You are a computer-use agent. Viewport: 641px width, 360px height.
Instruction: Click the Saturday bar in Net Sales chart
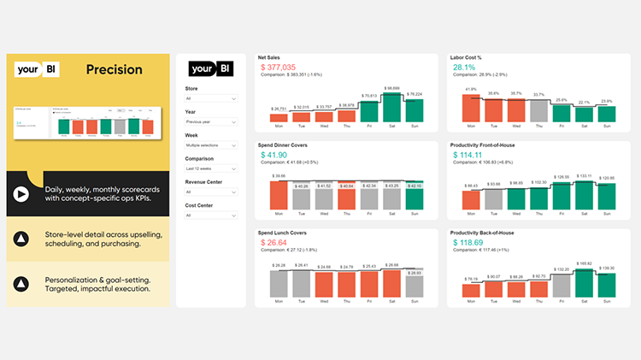391,107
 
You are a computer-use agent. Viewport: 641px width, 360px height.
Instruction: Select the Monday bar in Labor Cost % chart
471,107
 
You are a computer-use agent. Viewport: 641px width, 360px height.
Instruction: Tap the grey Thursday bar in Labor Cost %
538,111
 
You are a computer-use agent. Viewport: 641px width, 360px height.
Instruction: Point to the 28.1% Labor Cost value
464,67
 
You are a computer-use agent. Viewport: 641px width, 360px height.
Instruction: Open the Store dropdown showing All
211,98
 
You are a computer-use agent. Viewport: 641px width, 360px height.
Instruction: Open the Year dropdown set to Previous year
211,121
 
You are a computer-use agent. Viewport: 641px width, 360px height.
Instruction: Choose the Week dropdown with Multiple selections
211,145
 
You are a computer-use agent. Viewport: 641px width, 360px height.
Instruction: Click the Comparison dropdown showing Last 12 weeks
211,169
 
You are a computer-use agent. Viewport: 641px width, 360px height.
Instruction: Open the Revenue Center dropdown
211,192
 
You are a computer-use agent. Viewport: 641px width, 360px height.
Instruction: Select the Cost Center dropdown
211,216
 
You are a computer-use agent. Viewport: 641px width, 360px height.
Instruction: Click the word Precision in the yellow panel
114,69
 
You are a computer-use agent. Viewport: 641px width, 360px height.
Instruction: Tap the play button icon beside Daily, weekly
19,194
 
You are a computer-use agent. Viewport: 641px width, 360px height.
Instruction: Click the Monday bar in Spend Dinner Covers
279,195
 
